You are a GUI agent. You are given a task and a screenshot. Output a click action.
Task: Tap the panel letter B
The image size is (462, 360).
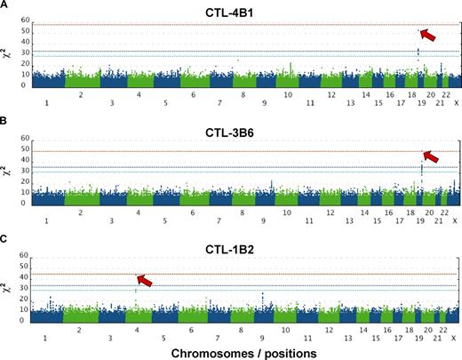5,120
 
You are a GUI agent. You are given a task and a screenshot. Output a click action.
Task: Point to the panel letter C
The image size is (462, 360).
5,234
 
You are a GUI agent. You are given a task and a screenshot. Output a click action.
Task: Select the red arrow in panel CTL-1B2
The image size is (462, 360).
142,280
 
